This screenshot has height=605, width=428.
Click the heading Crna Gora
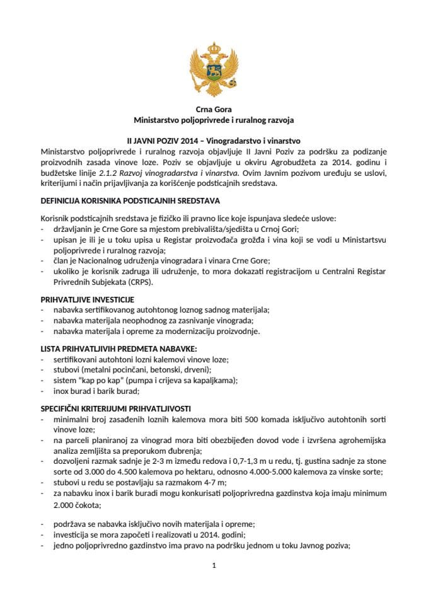pyautogui.click(x=214, y=109)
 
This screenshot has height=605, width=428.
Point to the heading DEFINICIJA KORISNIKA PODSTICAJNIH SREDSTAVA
pyautogui.click(x=130, y=201)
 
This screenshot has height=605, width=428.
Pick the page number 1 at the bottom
pyautogui.click(x=214, y=565)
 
